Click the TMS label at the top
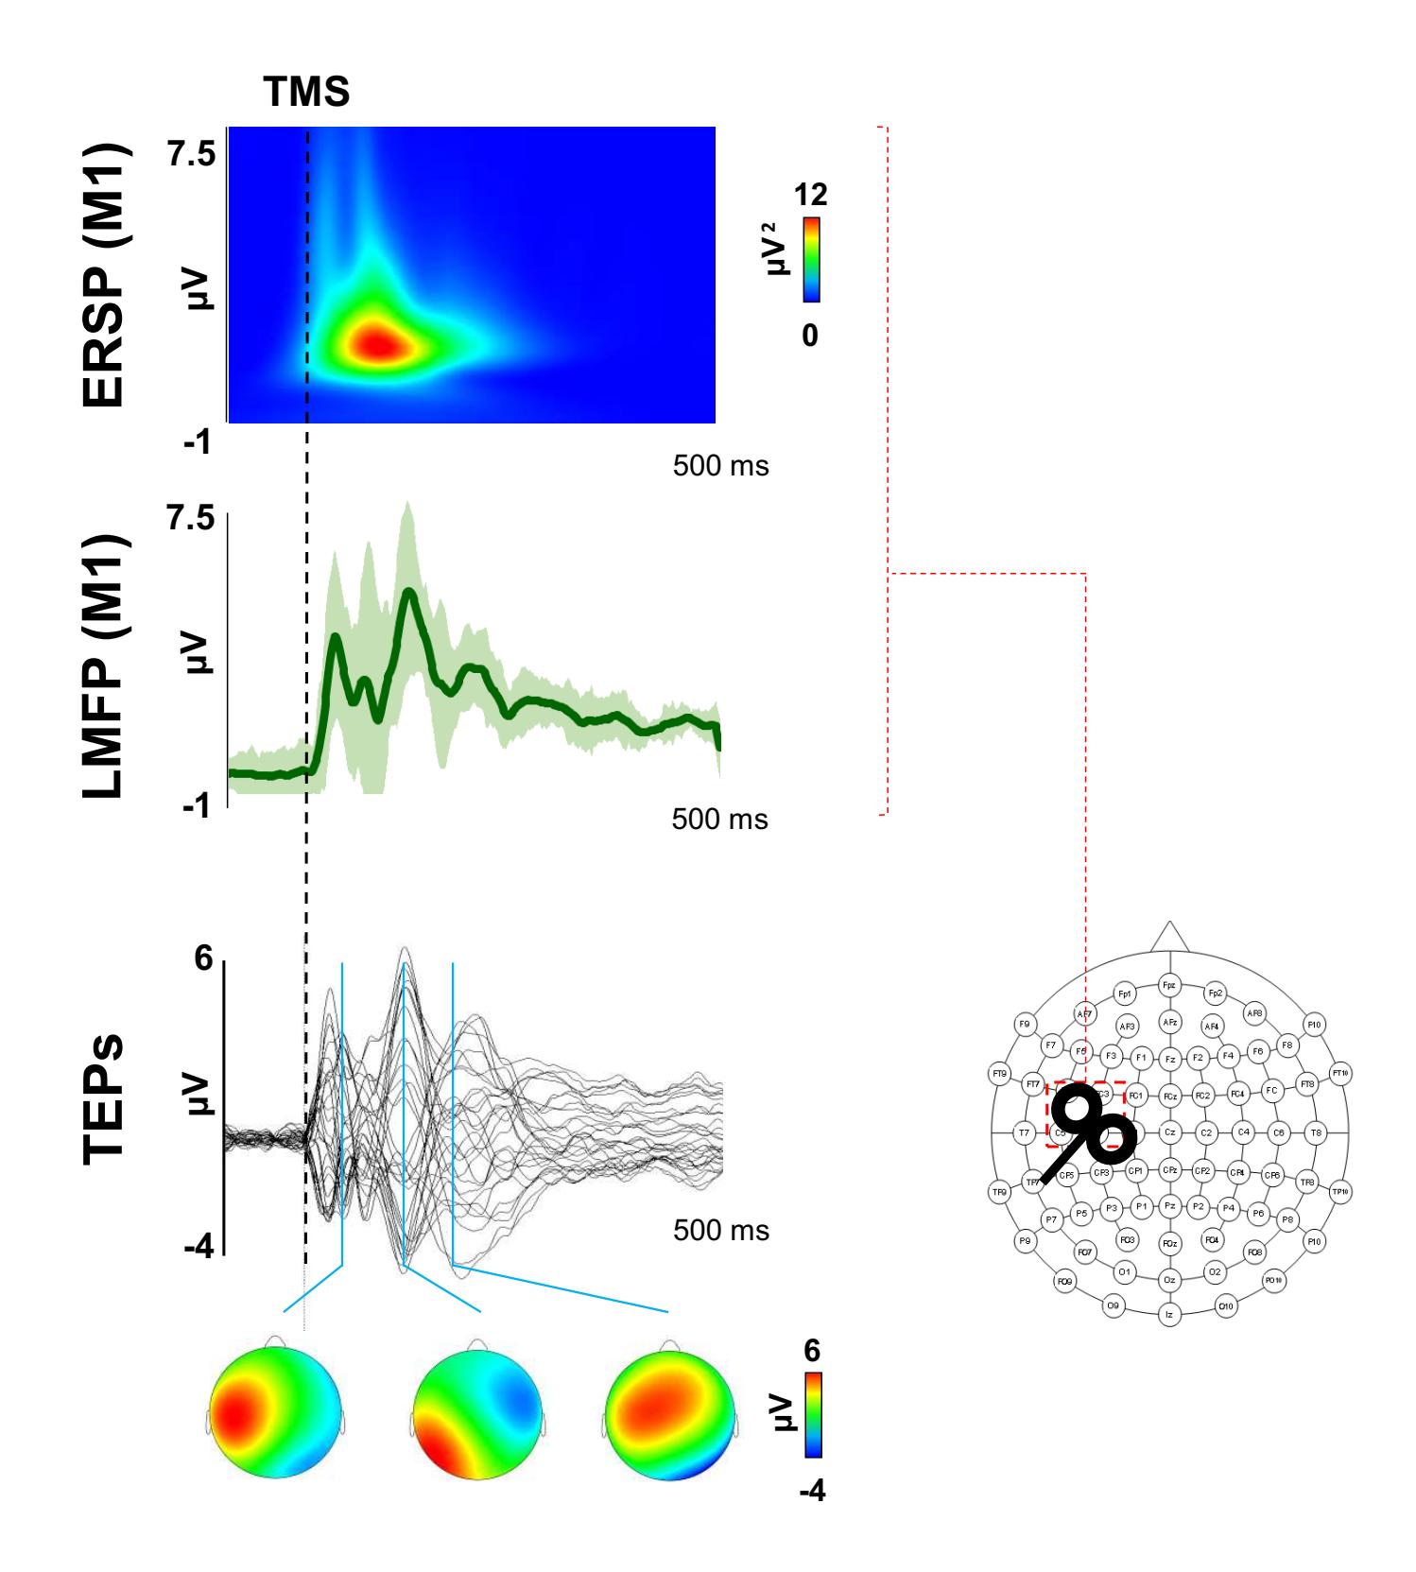305,93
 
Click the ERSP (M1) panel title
104,275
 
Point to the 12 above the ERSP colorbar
811,195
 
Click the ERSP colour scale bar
811,260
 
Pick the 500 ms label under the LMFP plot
719,819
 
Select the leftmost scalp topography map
274,1411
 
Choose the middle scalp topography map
478,1411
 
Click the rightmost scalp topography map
670,1411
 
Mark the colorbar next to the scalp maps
811,1412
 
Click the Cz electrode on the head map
1169,1131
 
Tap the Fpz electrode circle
1169,986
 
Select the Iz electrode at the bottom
1169,1314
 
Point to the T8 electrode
1314,1131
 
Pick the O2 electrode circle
1214,1271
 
